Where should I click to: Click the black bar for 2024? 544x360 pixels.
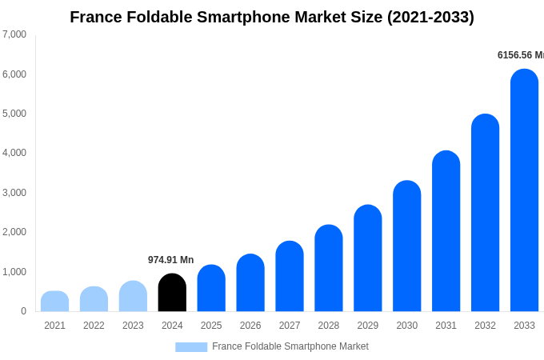[x=172, y=293]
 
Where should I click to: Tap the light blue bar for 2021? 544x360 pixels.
[x=54, y=302]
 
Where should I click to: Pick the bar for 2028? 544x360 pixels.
[x=328, y=268]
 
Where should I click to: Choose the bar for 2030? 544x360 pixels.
[x=406, y=246]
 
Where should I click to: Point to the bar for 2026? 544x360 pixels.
[x=250, y=283]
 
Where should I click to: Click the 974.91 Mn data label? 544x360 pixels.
[x=170, y=260]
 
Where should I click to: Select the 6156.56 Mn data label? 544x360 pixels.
[x=520, y=55]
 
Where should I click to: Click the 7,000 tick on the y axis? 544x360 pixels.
[x=14, y=34]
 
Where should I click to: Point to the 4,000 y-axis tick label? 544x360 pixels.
[x=14, y=153]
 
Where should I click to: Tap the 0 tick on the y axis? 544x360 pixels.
[x=23, y=311]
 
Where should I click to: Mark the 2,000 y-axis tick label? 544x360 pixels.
[x=14, y=232]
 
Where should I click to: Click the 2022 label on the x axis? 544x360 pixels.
[x=94, y=326]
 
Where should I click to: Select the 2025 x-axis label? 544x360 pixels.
[x=211, y=326]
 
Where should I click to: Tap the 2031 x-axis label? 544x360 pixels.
[x=446, y=326]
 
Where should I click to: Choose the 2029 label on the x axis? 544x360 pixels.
[x=367, y=326]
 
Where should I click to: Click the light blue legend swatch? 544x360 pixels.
[x=191, y=347]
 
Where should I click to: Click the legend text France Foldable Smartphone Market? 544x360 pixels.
[x=290, y=346]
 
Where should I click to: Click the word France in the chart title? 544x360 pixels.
[x=96, y=17]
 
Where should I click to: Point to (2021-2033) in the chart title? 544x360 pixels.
[x=430, y=17]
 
